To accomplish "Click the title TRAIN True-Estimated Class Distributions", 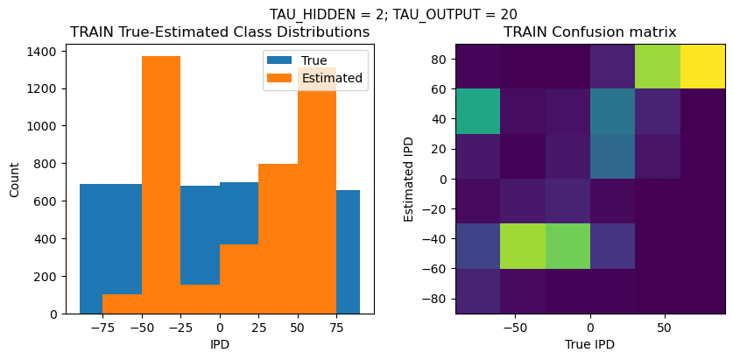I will click(x=220, y=32).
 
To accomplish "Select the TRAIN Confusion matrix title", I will click(x=589, y=32).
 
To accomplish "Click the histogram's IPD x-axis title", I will click(x=220, y=345).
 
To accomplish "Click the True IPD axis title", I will click(x=589, y=345).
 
